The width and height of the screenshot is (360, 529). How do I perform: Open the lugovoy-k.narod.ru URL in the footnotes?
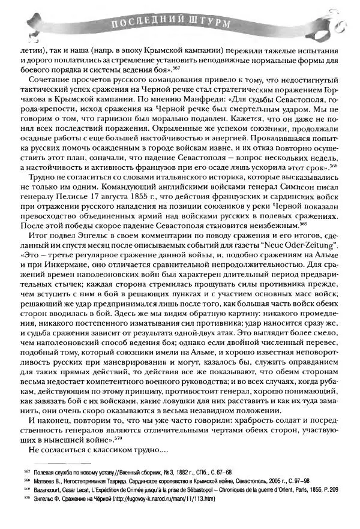(x=160, y=499)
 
